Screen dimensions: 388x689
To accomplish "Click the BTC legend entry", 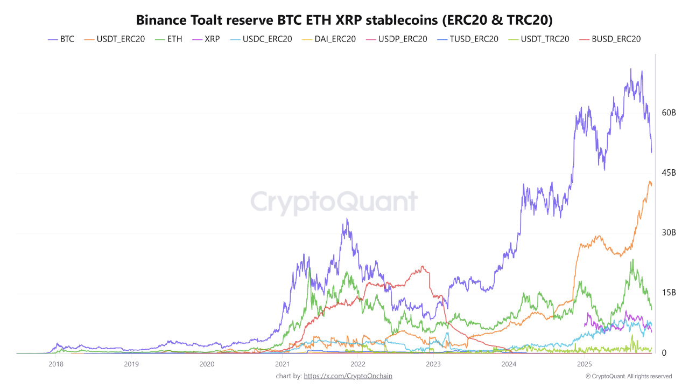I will tap(61, 39).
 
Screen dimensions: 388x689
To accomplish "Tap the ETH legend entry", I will tap(168, 39).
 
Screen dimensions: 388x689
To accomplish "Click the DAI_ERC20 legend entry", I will tap(328, 39).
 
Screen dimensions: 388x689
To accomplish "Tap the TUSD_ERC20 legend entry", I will tap(467, 39).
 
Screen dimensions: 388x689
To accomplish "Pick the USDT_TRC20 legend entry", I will tap(539, 39).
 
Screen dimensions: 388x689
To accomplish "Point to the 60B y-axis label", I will tap(669, 113).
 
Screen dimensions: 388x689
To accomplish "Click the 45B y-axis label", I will tap(669, 172).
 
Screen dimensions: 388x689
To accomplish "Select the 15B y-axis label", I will tap(669, 293).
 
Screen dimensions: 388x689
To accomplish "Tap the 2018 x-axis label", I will tap(55, 364).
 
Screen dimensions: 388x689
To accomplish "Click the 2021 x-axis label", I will tap(283, 364).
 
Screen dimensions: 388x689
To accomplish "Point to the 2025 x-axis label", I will tap(585, 364).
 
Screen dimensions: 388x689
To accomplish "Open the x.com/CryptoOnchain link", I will tap(348, 376).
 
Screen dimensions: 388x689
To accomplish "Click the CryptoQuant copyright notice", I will tap(629, 376).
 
